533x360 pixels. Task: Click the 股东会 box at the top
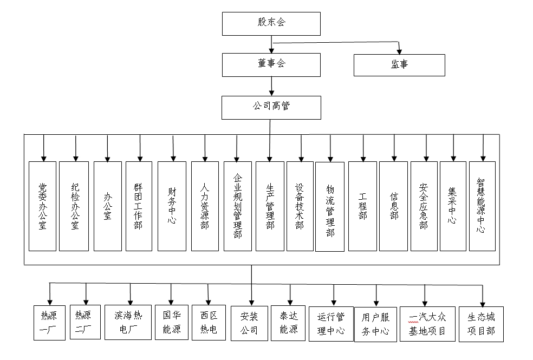[271, 23]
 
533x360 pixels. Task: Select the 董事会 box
[271, 64]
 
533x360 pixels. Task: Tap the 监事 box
[399, 65]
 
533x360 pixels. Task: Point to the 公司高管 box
[271, 107]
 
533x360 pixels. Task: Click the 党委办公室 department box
[42, 206]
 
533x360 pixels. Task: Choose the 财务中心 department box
[172, 206]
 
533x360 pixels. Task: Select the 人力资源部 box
[205, 206]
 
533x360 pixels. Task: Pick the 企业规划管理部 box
[237, 206]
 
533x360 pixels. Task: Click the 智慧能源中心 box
[482, 206]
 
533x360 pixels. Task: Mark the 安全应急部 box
[424, 206]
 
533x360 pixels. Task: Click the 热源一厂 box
[49, 323]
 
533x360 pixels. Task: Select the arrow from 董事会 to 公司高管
[271, 86]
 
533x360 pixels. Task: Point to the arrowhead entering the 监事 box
[400, 50]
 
